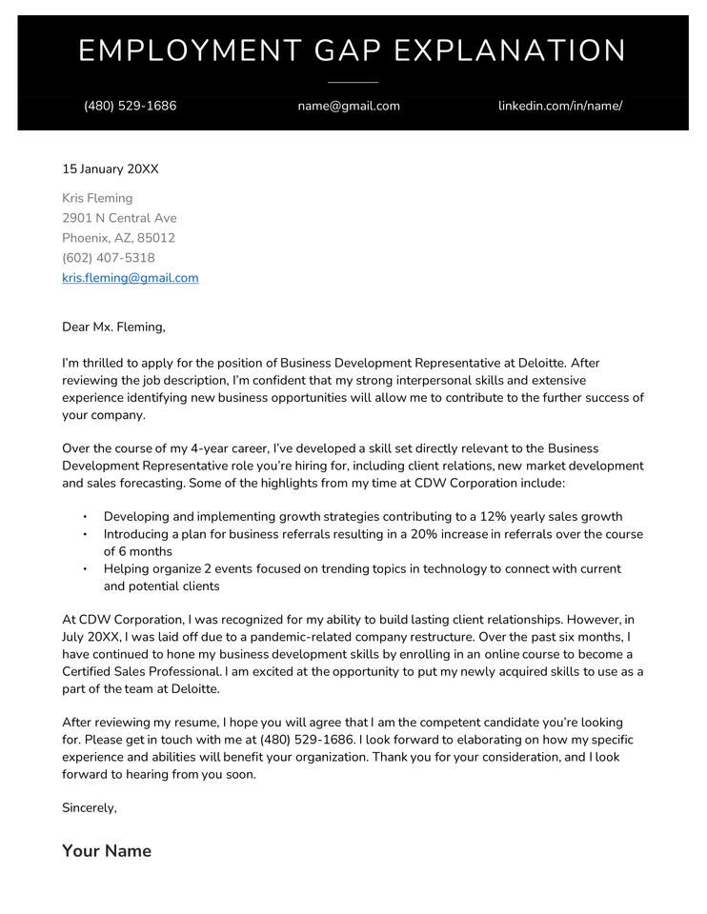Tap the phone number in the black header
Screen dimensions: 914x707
[x=130, y=106]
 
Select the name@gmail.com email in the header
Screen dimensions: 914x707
[x=349, y=106]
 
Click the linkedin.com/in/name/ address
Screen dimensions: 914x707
[x=560, y=106]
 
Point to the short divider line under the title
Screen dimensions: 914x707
[x=353, y=83]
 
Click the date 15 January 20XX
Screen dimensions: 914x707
[x=111, y=169]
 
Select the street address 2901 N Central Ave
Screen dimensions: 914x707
[x=119, y=218]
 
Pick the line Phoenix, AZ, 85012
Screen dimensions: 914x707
[x=118, y=238]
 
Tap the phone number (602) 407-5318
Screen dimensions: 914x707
[x=109, y=258]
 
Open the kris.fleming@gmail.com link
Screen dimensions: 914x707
[x=131, y=278]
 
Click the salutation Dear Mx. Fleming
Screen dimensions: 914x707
[x=113, y=328]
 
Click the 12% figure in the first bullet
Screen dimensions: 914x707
[x=495, y=517]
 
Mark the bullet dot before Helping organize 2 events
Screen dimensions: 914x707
[x=85, y=568]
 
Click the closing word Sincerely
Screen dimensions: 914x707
[x=89, y=807]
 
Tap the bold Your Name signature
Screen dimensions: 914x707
[x=107, y=851]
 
